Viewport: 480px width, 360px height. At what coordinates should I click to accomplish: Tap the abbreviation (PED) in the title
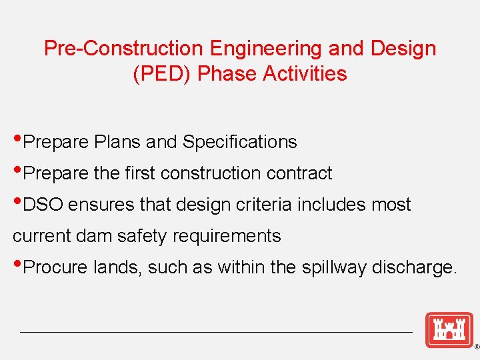pyautogui.click(x=163, y=73)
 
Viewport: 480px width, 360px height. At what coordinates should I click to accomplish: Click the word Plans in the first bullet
pyautogui.click(x=117, y=142)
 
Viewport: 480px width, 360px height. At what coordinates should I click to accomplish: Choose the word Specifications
pyautogui.click(x=239, y=142)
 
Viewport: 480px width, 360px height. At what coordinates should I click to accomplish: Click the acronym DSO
pyautogui.click(x=43, y=205)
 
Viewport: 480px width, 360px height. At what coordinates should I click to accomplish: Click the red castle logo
pyautogui.click(x=449, y=329)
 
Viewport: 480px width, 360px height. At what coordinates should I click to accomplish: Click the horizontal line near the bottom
pyautogui.click(x=217, y=332)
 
